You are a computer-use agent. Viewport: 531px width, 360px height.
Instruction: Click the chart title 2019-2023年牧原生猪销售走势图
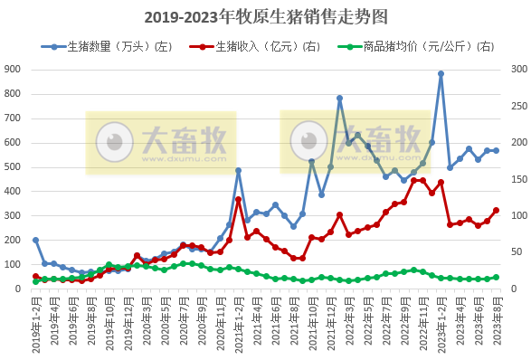click(x=265, y=17)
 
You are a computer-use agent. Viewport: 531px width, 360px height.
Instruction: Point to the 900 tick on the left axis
click(x=14, y=69)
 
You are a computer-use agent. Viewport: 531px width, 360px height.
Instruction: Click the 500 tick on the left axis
click(x=14, y=166)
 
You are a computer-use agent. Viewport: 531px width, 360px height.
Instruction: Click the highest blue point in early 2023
click(x=441, y=74)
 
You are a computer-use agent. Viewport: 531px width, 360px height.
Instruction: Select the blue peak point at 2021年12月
click(x=339, y=98)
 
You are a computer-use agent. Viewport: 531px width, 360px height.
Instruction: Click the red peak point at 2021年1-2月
click(x=238, y=199)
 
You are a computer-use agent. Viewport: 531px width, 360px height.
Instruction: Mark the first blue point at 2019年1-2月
click(x=35, y=240)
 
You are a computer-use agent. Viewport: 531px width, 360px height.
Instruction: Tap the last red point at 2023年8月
click(x=496, y=211)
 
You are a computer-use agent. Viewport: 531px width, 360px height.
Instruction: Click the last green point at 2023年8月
click(x=496, y=278)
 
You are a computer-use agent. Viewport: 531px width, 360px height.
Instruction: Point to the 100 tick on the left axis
click(x=14, y=264)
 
